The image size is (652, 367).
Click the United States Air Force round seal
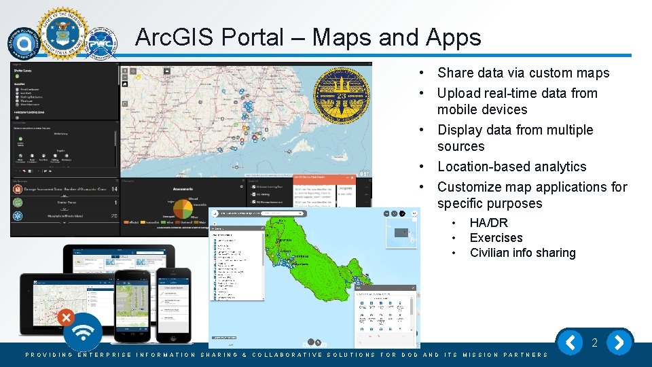[x=62, y=34]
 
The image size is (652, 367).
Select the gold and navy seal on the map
[x=338, y=94]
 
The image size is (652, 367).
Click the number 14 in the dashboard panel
[x=114, y=190]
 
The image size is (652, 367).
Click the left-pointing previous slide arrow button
[x=570, y=343]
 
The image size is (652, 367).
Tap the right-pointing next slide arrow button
[x=619, y=343]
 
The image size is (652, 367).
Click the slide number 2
[x=594, y=343]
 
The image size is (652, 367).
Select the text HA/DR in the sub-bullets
[x=488, y=223]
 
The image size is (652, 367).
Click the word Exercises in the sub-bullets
[x=496, y=238]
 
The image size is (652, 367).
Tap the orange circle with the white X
[x=66, y=317]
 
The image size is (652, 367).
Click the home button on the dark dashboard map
[x=125, y=84]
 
